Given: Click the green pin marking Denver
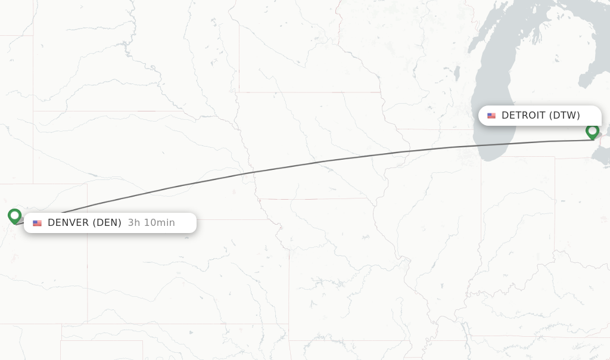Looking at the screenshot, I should [15, 216].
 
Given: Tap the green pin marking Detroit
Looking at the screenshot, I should [592, 131].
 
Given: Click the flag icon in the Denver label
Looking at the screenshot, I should [38, 223].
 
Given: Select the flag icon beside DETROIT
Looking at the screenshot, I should [491, 116].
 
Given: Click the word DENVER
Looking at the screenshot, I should [68, 223].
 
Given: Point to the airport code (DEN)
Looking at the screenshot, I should [107, 223].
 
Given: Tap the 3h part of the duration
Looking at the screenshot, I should [134, 223].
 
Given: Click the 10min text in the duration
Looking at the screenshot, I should [160, 223].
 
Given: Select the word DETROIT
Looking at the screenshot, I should [523, 116].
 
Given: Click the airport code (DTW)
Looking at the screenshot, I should [564, 116].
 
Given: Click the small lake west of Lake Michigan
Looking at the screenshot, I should [457, 73].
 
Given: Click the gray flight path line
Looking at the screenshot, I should [322, 162].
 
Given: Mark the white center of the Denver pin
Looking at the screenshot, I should [15, 214].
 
